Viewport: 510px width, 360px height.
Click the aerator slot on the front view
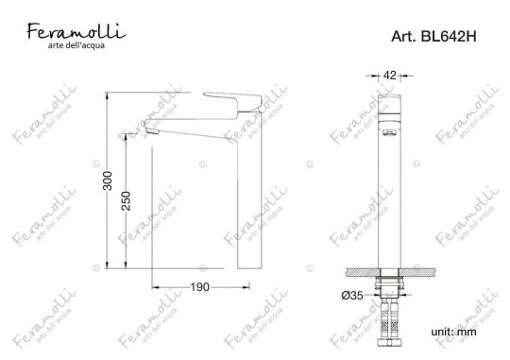[x=387, y=135]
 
